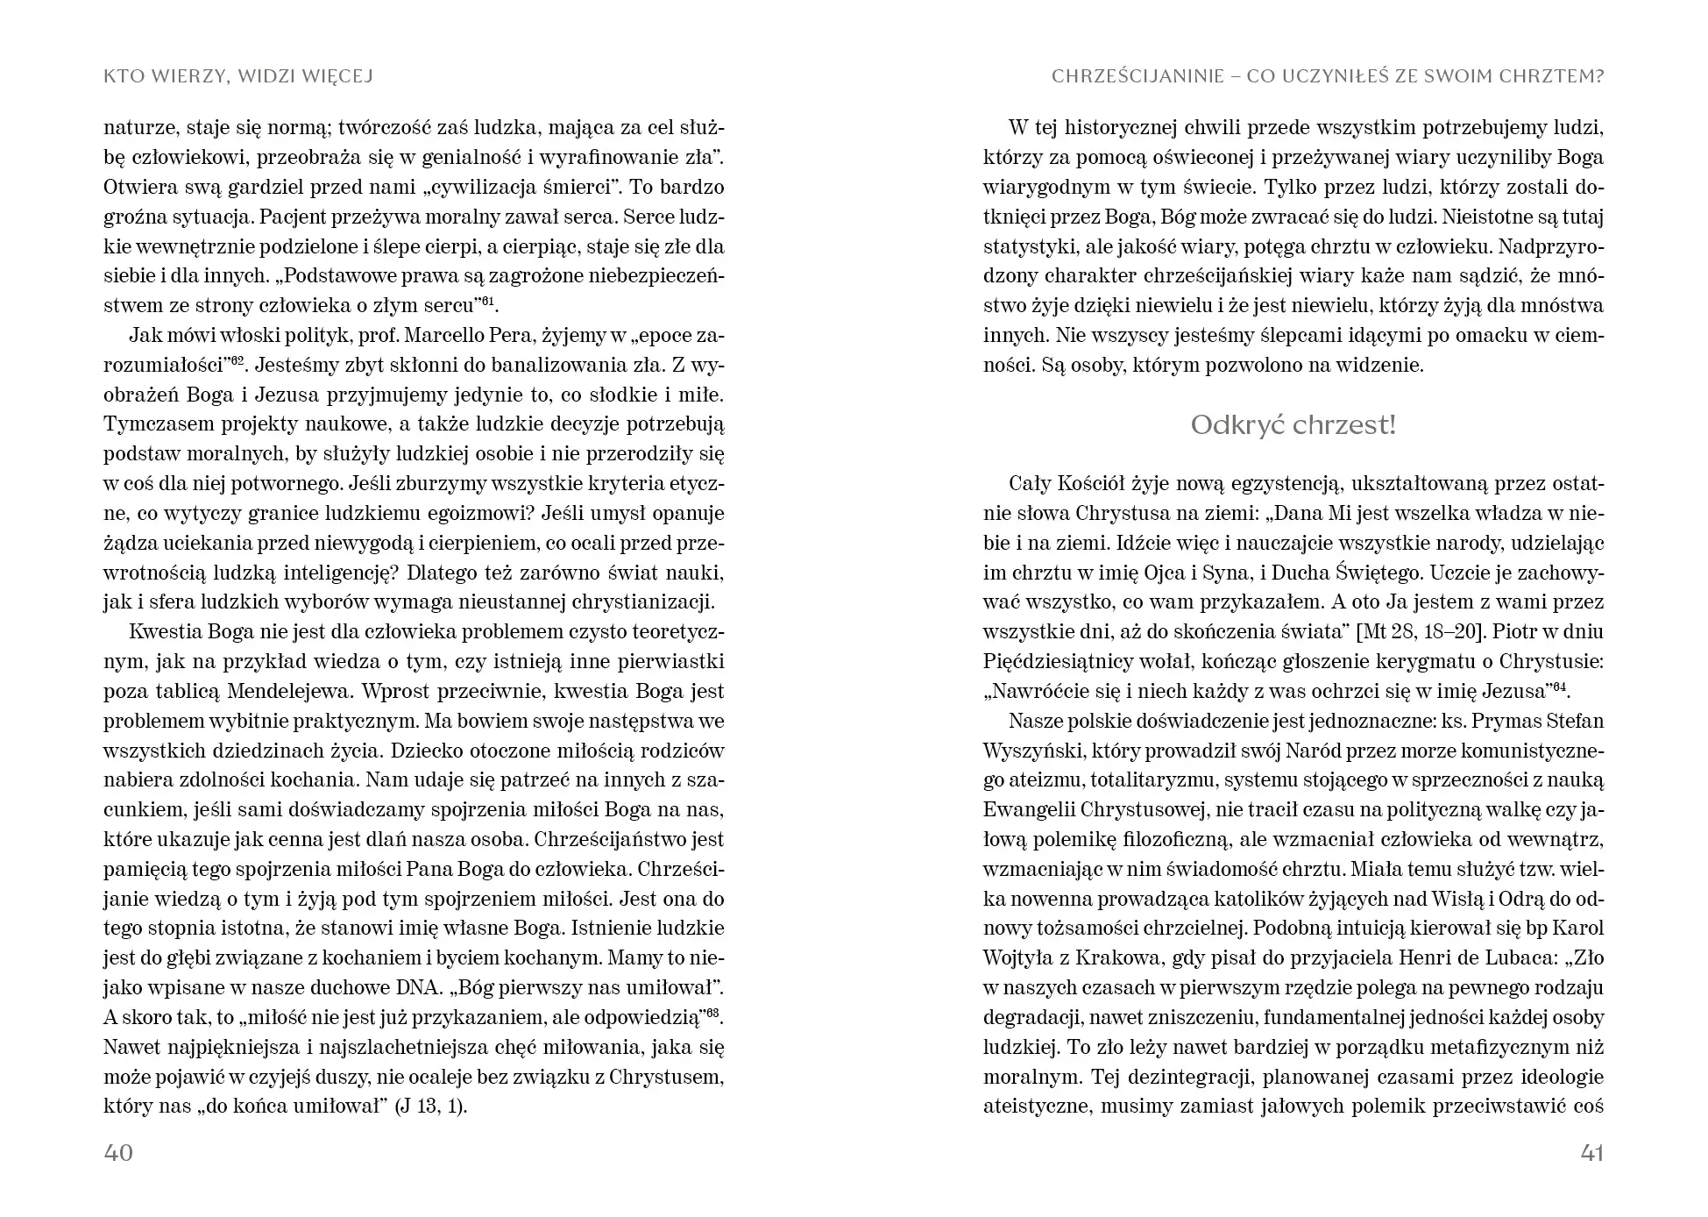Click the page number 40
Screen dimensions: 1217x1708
click(x=118, y=1152)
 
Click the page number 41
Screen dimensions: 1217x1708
click(x=1591, y=1152)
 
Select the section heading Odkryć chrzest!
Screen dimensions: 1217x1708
click(x=1293, y=425)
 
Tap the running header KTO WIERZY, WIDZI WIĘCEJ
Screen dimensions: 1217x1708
click(x=238, y=76)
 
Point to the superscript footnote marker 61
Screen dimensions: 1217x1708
click(x=487, y=301)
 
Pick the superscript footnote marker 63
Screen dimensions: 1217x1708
click(x=714, y=1012)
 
